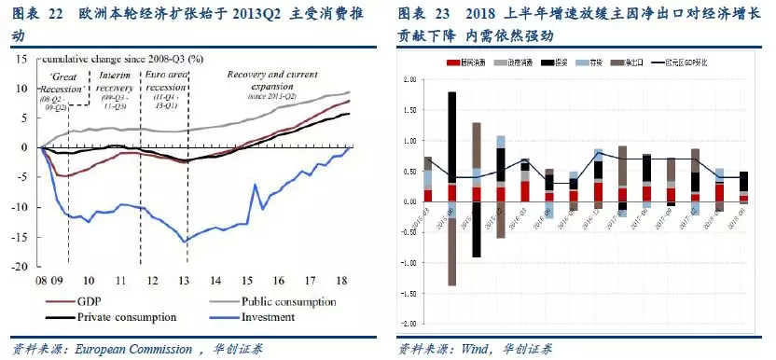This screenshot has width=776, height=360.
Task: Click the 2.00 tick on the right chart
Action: pyautogui.click(x=409, y=80)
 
